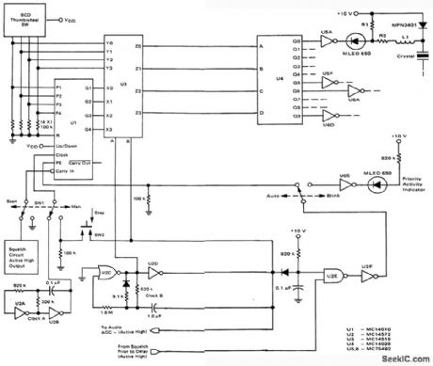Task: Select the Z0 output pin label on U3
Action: (139, 44)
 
